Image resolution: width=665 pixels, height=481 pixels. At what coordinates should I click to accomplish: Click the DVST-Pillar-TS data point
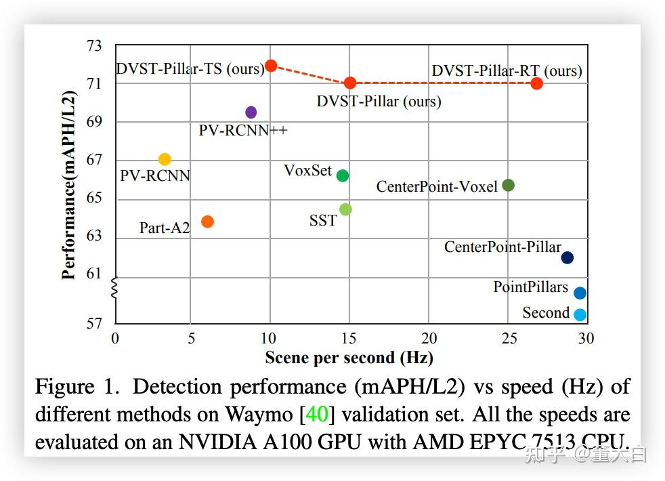click(271, 66)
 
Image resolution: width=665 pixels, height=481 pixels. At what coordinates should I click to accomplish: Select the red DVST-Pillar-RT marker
click(537, 83)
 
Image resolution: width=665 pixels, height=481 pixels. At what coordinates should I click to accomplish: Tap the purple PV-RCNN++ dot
click(251, 112)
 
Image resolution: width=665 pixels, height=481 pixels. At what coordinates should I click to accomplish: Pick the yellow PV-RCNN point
click(165, 159)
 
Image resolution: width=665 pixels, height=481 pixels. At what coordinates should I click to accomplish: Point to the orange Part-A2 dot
click(208, 222)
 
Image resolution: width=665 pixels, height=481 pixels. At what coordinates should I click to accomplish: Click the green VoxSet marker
click(343, 175)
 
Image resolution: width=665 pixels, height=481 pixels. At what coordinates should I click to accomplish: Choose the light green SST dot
click(345, 209)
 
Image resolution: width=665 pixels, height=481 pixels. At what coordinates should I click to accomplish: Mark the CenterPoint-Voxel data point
click(509, 185)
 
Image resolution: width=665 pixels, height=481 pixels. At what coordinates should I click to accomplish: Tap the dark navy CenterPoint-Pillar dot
click(567, 257)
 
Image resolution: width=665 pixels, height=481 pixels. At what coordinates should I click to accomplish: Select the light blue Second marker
click(580, 314)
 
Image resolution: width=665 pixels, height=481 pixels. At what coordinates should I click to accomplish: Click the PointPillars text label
click(530, 287)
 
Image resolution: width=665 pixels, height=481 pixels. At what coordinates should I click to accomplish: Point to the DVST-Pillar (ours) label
click(379, 102)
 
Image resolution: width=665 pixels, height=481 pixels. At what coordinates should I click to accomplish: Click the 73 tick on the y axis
click(94, 46)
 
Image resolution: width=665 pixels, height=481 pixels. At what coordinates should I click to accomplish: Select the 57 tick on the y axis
click(94, 324)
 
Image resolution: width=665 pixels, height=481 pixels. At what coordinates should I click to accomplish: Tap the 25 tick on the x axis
click(508, 338)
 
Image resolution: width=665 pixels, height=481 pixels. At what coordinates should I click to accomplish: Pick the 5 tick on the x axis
click(192, 338)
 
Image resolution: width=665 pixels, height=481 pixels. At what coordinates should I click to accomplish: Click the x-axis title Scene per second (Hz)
click(349, 357)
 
